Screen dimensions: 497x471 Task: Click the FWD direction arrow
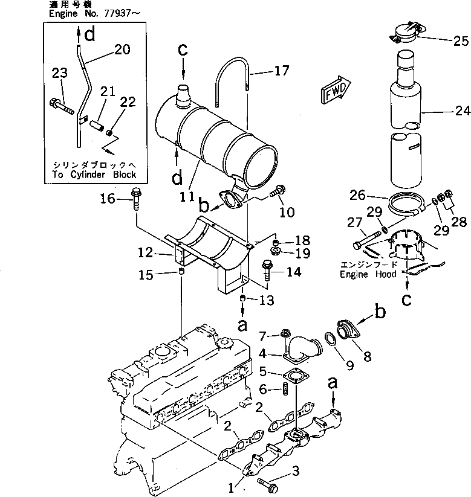point(333,91)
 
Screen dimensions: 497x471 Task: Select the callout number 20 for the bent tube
point(122,51)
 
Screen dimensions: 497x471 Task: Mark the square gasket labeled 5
point(297,376)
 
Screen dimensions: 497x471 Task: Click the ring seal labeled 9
point(331,340)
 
